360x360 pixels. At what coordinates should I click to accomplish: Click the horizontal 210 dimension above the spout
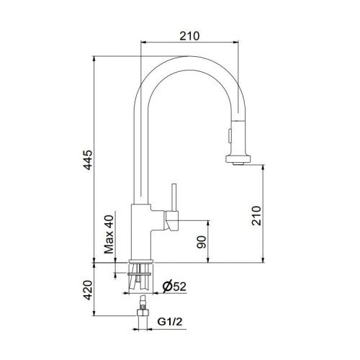pos(189,34)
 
